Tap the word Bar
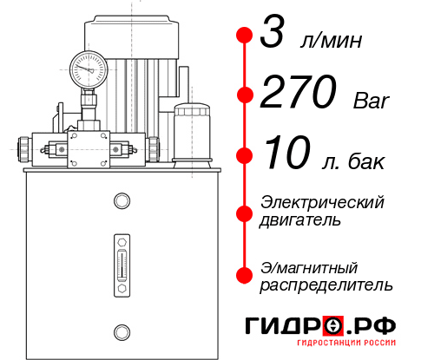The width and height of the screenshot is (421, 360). point(372,101)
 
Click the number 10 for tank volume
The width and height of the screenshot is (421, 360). point(286,156)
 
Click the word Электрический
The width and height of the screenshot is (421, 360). point(322,202)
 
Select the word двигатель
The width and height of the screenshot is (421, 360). point(300,219)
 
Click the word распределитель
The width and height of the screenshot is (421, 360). point(326,285)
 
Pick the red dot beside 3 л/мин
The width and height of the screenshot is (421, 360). point(246,36)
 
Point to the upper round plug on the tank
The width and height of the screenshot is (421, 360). point(122,201)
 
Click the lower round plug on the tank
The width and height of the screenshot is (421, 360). point(122,331)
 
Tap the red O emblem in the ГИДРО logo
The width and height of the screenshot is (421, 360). point(332,326)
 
